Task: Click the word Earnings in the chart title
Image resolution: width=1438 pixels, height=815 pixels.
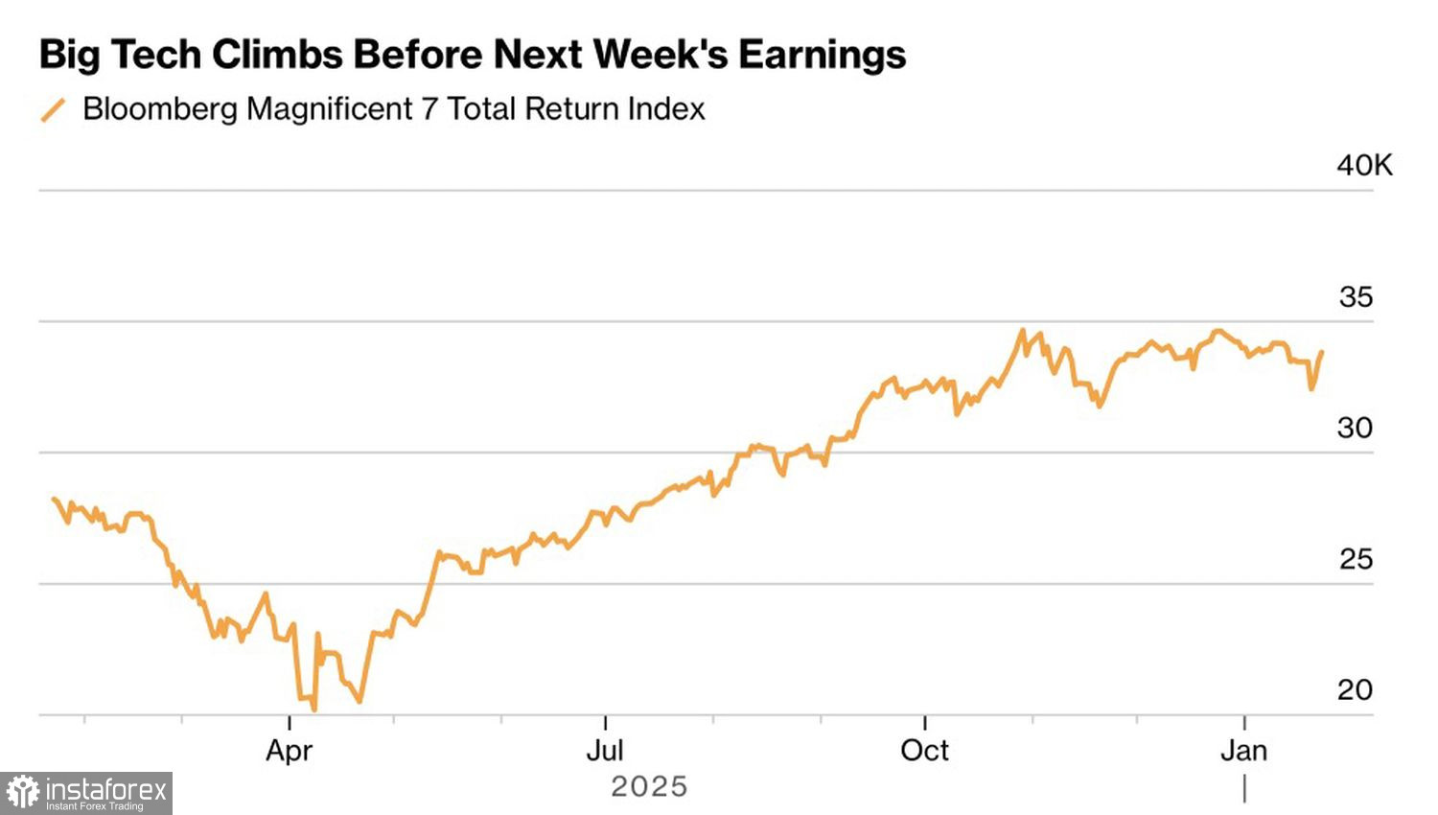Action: click(x=822, y=55)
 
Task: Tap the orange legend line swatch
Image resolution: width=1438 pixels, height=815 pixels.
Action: click(x=53, y=110)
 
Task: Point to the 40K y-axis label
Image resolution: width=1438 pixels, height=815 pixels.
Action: click(x=1364, y=166)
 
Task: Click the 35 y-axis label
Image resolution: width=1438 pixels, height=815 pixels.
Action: click(x=1356, y=297)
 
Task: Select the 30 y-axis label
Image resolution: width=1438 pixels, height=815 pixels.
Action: click(x=1355, y=428)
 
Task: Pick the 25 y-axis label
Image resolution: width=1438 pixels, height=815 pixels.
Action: click(x=1356, y=559)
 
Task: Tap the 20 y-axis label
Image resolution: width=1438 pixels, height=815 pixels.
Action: click(x=1355, y=689)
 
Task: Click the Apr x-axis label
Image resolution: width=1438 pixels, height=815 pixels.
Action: click(x=289, y=750)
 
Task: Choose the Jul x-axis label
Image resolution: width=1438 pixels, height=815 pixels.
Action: click(x=605, y=750)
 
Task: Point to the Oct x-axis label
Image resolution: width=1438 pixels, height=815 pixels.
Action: click(x=924, y=750)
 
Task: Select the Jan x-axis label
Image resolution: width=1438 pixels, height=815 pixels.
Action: click(x=1243, y=750)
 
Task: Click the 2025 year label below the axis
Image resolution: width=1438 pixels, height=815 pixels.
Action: click(x=649, y=787)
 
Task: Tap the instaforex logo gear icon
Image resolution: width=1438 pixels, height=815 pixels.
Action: click(x=23, y=793)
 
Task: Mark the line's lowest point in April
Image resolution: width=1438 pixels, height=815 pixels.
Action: click(x=313, y=710)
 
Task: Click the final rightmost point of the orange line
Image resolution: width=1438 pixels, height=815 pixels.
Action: click(x=1322, y=352)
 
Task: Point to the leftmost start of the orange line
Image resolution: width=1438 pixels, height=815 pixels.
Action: click(x=54, y=499)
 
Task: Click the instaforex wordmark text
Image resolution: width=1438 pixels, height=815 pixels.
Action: click(x=106, y=790)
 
